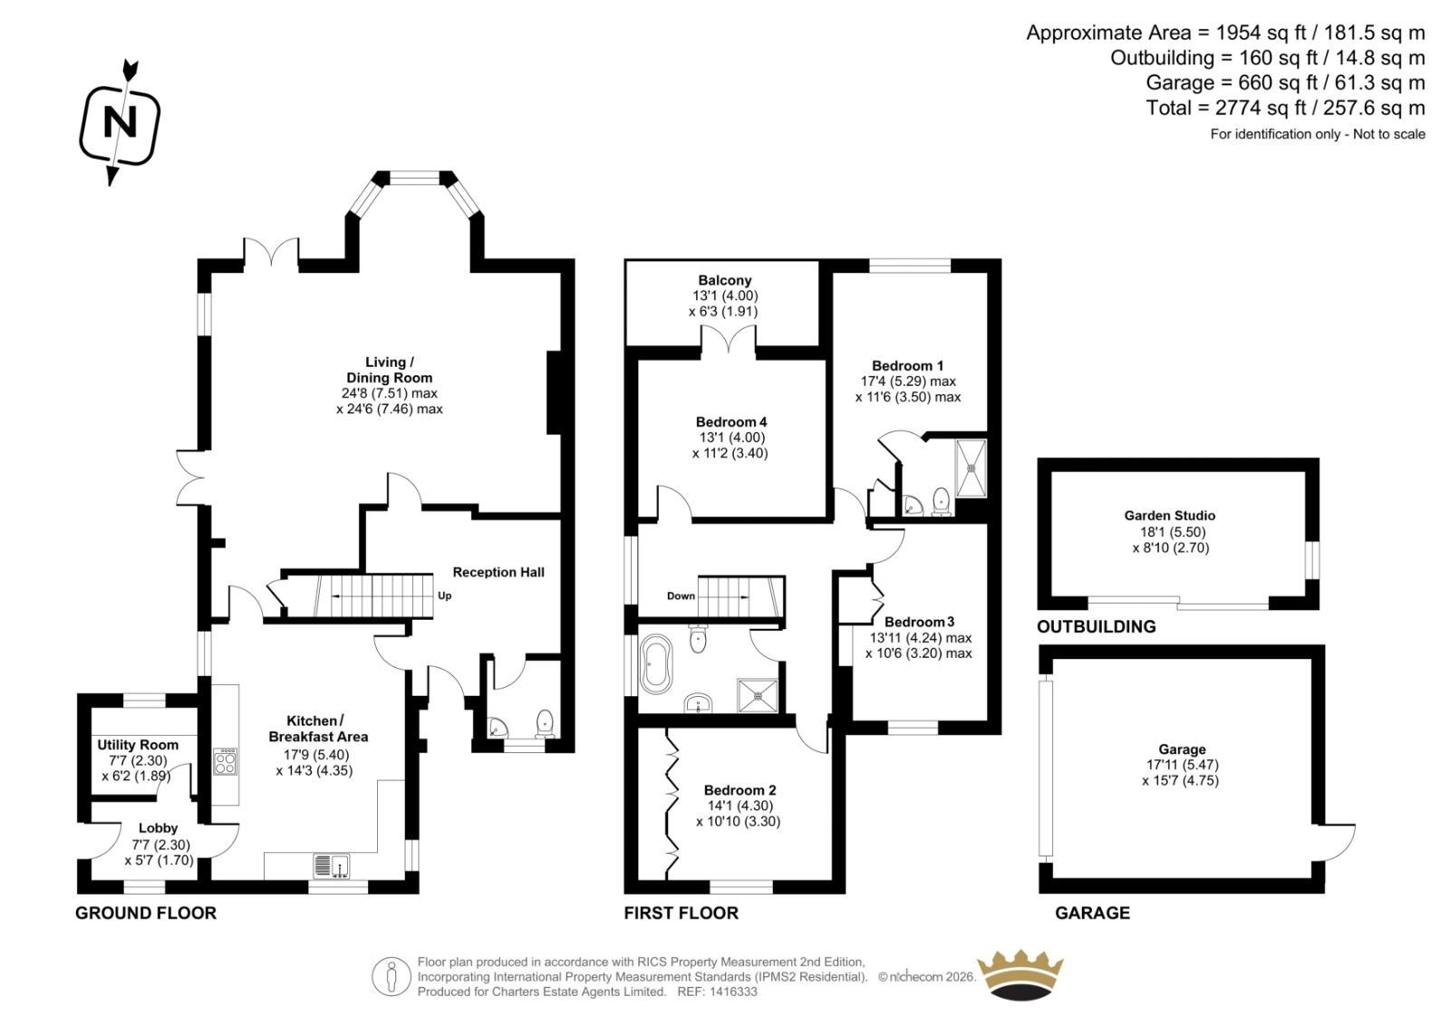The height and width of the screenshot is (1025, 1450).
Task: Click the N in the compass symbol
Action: point(121,121)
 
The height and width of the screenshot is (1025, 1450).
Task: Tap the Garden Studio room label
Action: point(1170,516)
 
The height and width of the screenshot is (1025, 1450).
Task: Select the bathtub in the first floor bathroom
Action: point(656,664)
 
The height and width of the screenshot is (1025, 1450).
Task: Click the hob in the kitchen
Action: point(226,761)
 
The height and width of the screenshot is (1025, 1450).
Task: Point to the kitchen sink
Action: point(332,865)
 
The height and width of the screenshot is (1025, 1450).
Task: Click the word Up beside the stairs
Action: point(445,595)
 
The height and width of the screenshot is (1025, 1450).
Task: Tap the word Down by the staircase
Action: point(681,595)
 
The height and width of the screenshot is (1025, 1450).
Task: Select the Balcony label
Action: point(725,280)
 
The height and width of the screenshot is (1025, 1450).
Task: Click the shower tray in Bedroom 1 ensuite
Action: point(971,468)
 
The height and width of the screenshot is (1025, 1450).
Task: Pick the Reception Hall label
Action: point(498,573)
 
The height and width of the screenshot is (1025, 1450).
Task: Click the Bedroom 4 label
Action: point(731,422)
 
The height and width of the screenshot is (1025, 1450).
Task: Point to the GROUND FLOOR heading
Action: point(146,913)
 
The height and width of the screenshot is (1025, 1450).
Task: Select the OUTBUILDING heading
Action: point(1097,627)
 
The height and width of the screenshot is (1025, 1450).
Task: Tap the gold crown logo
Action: point(1020,976)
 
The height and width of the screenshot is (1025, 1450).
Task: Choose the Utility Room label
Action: point(138,745)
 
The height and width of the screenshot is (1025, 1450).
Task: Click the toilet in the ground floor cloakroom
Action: point(545,724)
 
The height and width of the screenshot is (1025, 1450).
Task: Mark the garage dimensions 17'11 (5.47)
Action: point(1182,765)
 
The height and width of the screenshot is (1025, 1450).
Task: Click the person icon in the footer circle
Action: point(391,976)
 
